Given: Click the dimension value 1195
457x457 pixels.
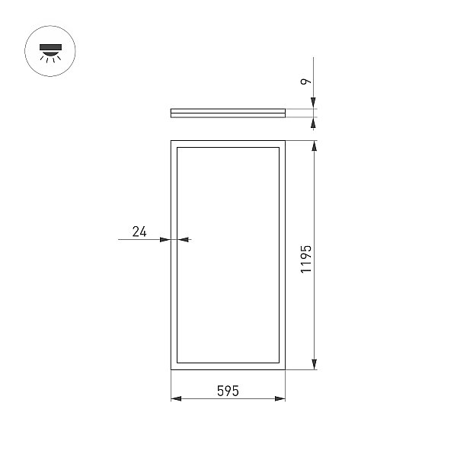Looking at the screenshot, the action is [306, 259].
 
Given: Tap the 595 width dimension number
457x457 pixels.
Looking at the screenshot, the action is [228, 391].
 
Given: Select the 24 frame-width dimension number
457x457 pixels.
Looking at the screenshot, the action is [139, 232].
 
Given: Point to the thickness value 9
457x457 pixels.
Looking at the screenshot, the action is [305, 81].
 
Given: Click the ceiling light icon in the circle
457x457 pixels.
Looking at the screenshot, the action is [50, 53].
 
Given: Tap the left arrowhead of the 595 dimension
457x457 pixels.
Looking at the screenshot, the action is [176, 398].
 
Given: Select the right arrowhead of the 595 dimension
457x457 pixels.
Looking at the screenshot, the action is [280, 398].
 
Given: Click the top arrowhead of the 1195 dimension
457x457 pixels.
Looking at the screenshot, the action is [314, 145].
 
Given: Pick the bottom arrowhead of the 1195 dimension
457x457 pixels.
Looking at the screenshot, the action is [314, 364].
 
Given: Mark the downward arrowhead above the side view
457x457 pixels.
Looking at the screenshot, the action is [313, 103].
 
